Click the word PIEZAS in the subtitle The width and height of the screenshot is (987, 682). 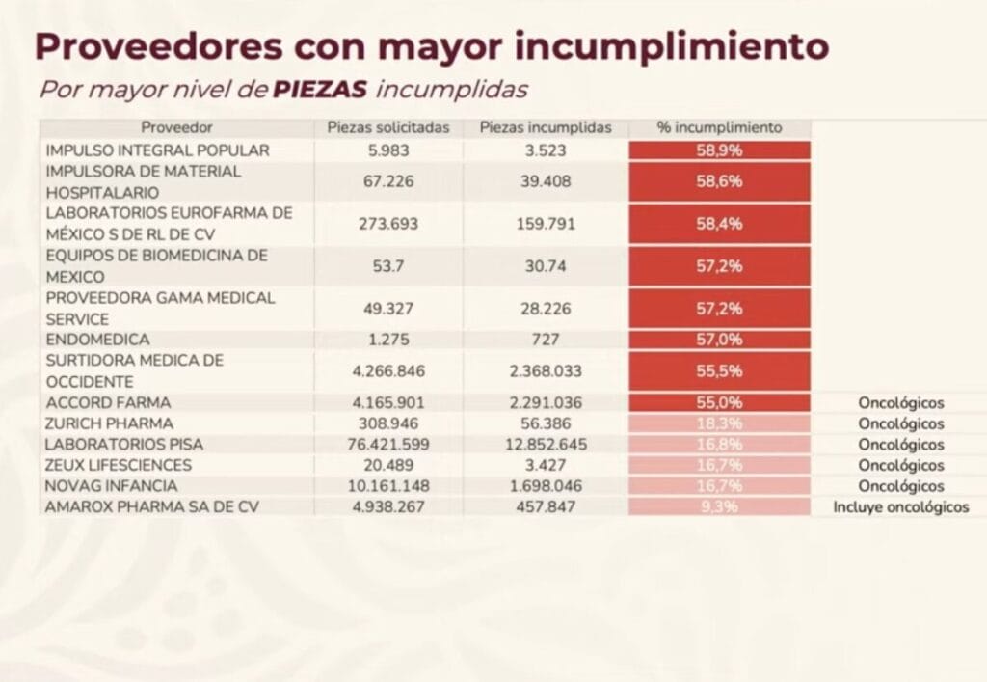tap(321, 90)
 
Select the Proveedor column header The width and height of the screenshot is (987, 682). tap(176, 127)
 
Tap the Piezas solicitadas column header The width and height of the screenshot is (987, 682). tap(388, 127)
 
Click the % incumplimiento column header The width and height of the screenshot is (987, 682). tap(719, 127)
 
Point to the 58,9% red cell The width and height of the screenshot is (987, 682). tap(719, 150)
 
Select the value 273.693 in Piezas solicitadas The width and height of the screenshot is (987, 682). tap(388, 224)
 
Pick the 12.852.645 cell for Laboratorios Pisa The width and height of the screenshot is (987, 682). tap(546, 445)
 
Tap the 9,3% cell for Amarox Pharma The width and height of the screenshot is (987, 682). tap(719, 506)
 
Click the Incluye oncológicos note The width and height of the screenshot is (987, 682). tap(901, 506)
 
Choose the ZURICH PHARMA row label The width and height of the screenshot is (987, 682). tap(109, 423)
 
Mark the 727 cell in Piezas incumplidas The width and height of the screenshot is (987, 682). tap(546, 340)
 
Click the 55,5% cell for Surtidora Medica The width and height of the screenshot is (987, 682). tap(719, 370)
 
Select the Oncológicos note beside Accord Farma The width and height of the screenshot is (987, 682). tap(901, 402)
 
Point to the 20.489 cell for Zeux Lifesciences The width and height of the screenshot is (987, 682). tap(388, 465)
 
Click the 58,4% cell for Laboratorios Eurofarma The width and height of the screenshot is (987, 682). tap(719, 224)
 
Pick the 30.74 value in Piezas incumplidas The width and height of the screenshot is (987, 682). tap(546, 266)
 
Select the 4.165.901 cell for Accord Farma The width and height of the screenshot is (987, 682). tap(388, 402)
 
